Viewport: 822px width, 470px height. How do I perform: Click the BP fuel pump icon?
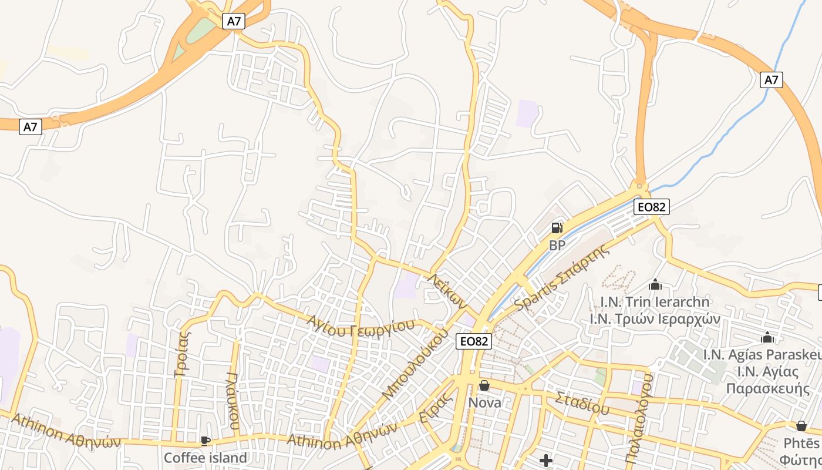click(x=557, y=228)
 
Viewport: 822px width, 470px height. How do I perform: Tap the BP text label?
click(x=557, y=245)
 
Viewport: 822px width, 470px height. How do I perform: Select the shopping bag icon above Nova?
click(x=484, y=385)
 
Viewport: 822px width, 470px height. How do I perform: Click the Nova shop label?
click(x=484, y=402)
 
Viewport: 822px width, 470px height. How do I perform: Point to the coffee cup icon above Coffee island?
click(x=205, y=440)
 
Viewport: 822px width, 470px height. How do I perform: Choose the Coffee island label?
click(x=205, y=457)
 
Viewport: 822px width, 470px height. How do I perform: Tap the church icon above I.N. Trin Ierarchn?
click(x=655, y=285)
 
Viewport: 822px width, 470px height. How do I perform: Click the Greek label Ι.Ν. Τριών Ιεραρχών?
click(x=655, y=318)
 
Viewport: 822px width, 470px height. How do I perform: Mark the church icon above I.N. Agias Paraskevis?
click(x=767, y=338)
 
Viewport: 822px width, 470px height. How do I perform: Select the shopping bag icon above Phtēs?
click(x=801, y=426)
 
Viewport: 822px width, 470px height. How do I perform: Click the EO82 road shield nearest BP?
click(x=652, y=206)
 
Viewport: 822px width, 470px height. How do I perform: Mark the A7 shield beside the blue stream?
click(x=772, y=79)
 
